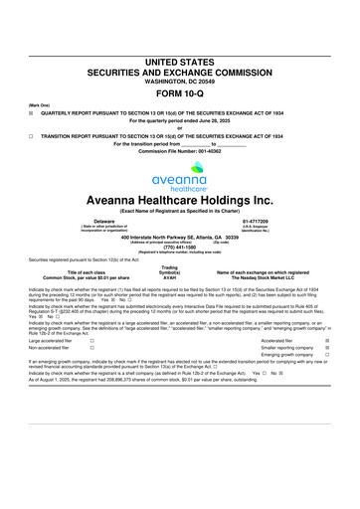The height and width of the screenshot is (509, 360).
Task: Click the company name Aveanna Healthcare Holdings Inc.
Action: tap(179, 200)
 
